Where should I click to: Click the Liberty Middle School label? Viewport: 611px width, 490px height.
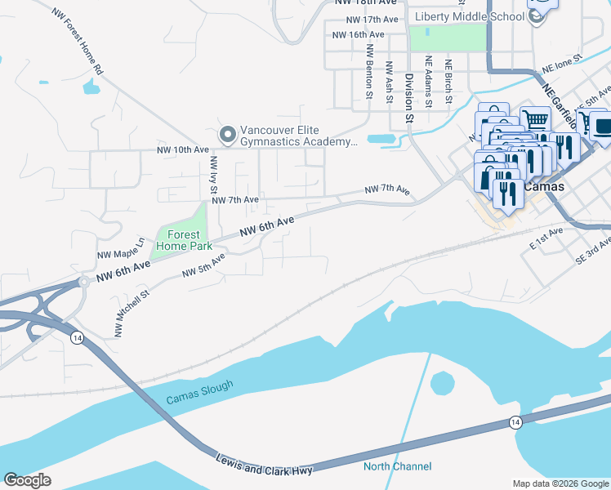click(x=468, y=17)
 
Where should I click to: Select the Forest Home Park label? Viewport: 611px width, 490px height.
click(x=184, y=238)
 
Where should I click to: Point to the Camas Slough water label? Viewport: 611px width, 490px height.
click(x=199, y=393)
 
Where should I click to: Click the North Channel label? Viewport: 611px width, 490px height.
click(x=397, y=467)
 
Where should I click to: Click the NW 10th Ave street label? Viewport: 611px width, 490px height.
click(x=183, y=150)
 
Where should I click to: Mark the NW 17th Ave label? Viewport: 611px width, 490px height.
click(x=372, y=19)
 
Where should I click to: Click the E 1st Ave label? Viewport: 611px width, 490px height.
click(x=546, y=238)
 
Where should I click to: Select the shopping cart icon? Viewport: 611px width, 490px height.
click(x=535, y=120)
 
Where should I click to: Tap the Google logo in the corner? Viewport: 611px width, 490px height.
click(x=27, y=479)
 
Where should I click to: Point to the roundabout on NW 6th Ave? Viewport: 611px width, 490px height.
click(x=83, y=283)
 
